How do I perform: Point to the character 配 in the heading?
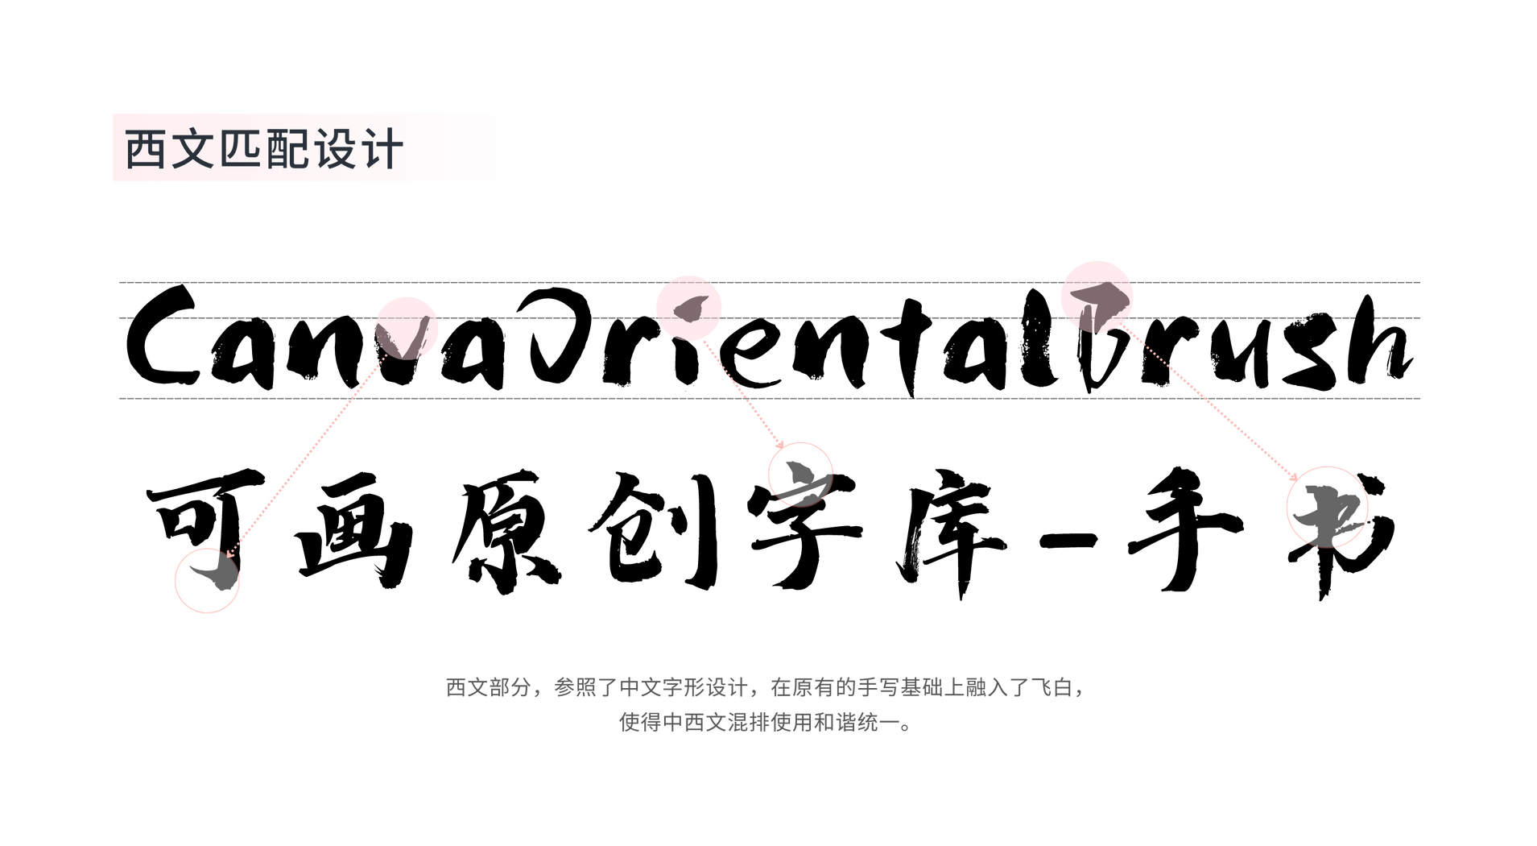[x=287, y=149]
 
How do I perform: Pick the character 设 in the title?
[x=335, y=149]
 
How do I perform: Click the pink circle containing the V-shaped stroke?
[x=407, y=327]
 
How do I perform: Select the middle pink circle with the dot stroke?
[x=688, y=307]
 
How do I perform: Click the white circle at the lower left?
[x=207, y=580]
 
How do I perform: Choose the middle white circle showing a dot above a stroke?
[x=799, y=474]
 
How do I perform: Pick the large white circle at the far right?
[x=1327, y=507]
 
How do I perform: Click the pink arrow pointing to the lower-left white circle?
[x=306, y=455]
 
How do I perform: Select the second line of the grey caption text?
[x=765, y=723]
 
